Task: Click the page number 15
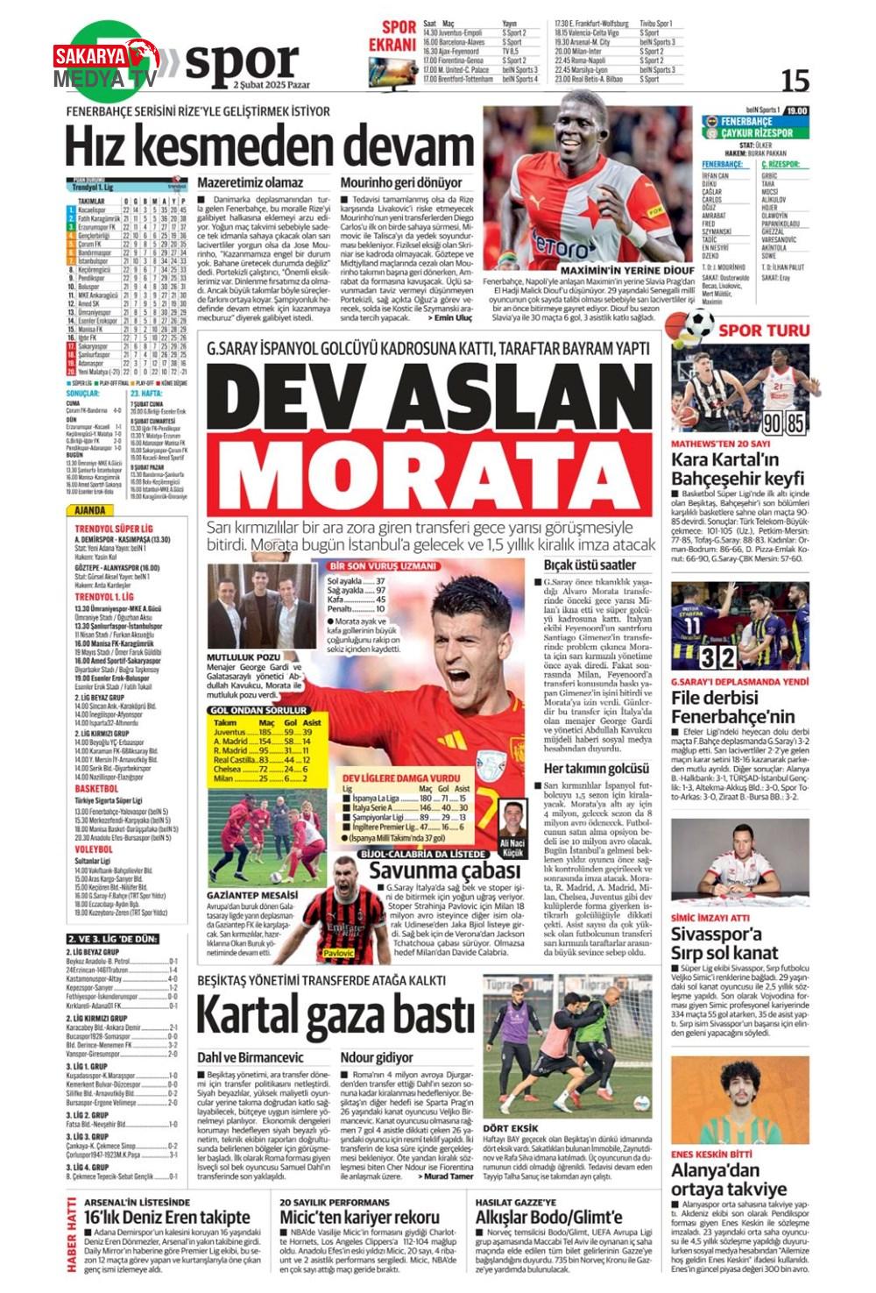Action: [795, 80]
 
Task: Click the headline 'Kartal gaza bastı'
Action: [336, 1014]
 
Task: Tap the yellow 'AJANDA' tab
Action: [90, 510]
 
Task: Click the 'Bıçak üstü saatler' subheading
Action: [590, 565]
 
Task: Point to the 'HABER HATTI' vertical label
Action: [72, 1237]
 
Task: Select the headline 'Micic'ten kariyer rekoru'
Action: [359, 1218]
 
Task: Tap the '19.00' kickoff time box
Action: [797, 111]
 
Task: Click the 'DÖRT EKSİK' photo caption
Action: [512, 1128]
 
